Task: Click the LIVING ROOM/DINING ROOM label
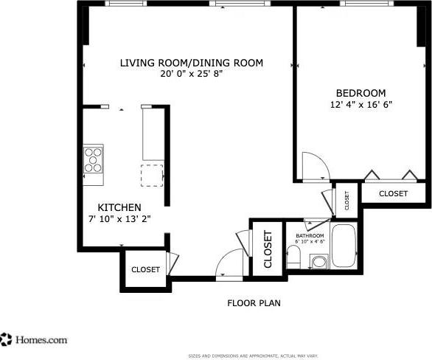(191, 63)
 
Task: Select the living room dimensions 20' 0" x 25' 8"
(191, 74)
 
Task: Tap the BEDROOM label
(360, 93)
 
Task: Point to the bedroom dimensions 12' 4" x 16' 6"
(360, 105)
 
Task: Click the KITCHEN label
(119, 208)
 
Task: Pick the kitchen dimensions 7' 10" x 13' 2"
(119, 219)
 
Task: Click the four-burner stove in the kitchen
(93, 160)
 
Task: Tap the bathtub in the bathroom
(344, 246)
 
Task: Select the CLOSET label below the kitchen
(145, 270)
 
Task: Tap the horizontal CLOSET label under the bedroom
(393, 193)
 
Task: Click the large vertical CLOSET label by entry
(268, 249)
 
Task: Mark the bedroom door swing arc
(314, 165)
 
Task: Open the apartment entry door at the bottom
(231, 265)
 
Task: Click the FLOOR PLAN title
(254, 302)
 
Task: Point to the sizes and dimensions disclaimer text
(253, 356)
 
